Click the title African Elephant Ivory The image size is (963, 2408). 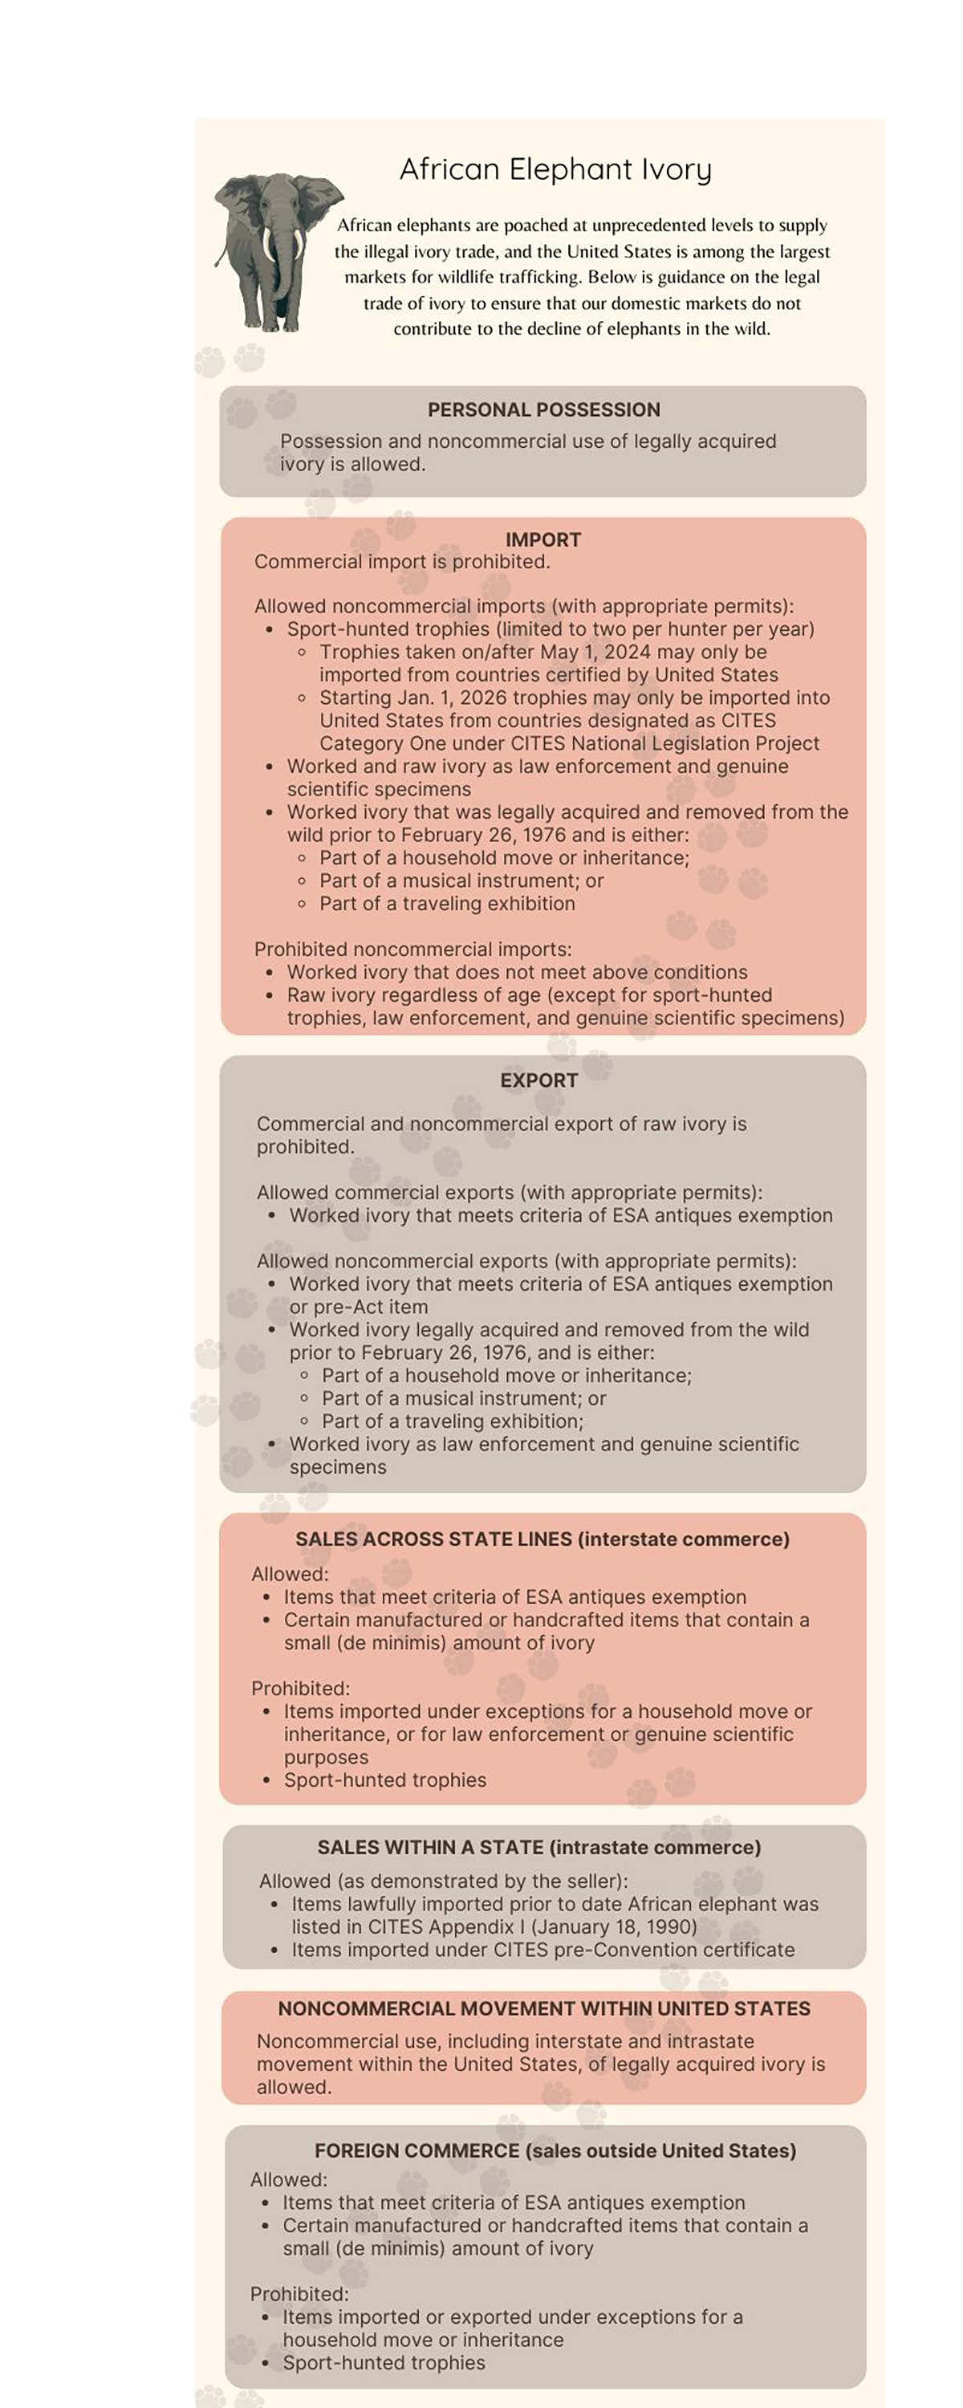555,169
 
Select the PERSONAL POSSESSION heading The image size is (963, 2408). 543,409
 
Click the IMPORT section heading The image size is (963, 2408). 543,539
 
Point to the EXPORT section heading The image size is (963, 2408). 538,1080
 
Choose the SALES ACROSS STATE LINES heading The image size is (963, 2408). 542,1539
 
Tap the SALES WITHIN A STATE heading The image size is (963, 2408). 538,1847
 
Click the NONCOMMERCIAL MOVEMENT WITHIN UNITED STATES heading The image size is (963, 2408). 543,2008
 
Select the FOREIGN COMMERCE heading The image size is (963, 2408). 555,2150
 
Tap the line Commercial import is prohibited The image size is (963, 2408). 402,562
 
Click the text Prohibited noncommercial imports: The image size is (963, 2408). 412,949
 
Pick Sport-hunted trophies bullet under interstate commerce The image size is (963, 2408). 385,1780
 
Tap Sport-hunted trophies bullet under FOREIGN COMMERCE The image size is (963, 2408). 384,2362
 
